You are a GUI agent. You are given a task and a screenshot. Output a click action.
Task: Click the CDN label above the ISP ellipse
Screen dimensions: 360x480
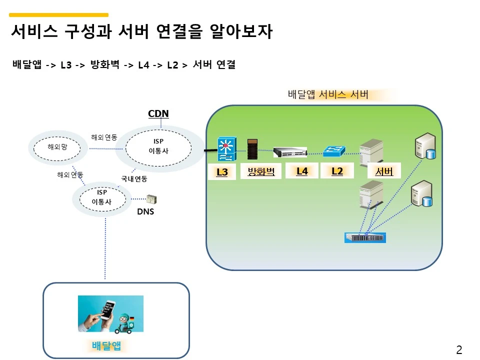(158, 113)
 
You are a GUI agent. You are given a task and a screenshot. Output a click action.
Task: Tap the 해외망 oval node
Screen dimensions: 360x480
(57, 147)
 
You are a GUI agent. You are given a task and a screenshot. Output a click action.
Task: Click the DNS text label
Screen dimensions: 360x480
(145, 212)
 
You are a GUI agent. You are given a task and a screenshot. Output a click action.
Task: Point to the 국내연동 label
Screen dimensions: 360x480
(134, 178)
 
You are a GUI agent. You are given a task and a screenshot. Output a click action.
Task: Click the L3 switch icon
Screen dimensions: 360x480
(226, 149)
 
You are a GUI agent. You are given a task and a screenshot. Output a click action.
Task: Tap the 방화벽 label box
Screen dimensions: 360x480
(261, 172)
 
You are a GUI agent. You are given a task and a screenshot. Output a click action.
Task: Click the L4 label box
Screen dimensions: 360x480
(301, 171)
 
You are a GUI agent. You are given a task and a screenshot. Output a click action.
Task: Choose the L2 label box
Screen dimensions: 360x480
(337, 171)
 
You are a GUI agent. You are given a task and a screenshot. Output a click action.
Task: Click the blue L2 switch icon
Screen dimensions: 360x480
(334, 150)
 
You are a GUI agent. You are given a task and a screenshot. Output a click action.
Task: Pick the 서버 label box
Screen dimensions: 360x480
(383, 172)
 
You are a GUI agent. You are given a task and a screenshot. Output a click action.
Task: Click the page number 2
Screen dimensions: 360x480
(458, 349)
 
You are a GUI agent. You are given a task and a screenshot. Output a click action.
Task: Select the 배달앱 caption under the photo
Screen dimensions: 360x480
(106, 346)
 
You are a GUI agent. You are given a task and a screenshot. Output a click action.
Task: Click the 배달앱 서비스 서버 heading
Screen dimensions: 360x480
(328, 94)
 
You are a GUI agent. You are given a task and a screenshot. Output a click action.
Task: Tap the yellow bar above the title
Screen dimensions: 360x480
(59, 15)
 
